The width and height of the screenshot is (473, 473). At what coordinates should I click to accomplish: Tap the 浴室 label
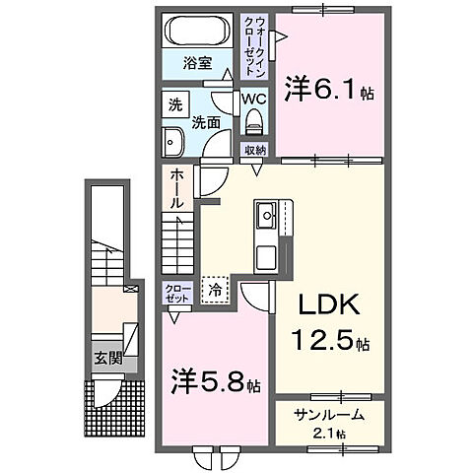point(197,64)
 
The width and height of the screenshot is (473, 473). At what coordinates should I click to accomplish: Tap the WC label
point(254,100)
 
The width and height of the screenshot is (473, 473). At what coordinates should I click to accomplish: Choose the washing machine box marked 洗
point(175,104)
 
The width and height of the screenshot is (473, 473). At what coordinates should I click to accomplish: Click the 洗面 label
point(204,122)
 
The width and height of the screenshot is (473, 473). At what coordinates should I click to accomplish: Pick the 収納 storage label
point(255,150)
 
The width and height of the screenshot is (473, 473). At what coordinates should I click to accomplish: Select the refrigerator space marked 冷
point(215,290)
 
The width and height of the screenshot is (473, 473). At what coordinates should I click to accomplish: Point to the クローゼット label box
point(176,293)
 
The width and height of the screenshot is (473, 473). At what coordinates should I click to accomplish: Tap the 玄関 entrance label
point(108,358)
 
